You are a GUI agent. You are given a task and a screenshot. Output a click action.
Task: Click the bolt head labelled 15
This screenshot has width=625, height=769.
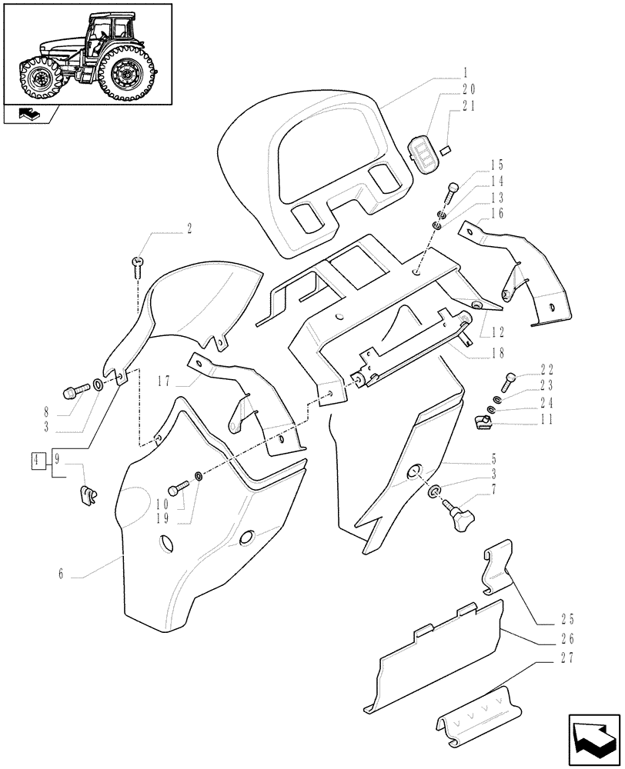click(453, 187)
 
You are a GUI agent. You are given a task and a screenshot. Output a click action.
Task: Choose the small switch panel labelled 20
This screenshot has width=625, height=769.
click(423, 153)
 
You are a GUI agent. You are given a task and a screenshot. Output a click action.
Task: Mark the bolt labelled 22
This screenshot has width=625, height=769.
click(509, 379)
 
